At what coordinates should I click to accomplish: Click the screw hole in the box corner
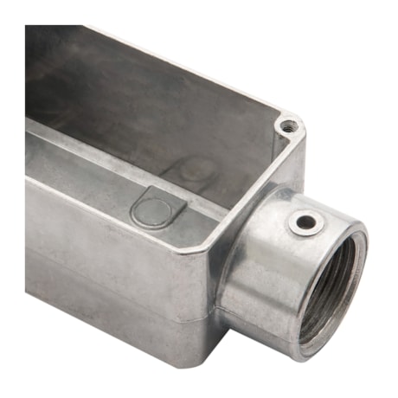[x=290, y=126]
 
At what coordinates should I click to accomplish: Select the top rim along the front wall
[x=104, y=173]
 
